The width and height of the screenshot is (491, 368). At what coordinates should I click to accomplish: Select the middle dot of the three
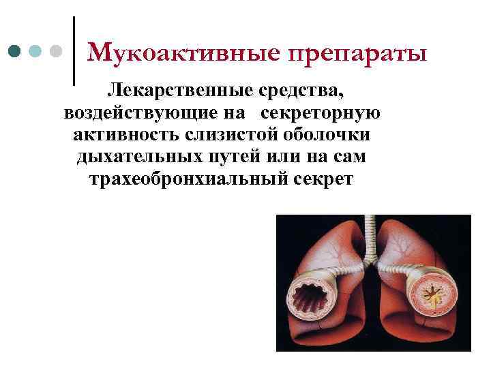tap(36, 51)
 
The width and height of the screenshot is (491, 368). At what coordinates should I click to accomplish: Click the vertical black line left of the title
tap(73, 51)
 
